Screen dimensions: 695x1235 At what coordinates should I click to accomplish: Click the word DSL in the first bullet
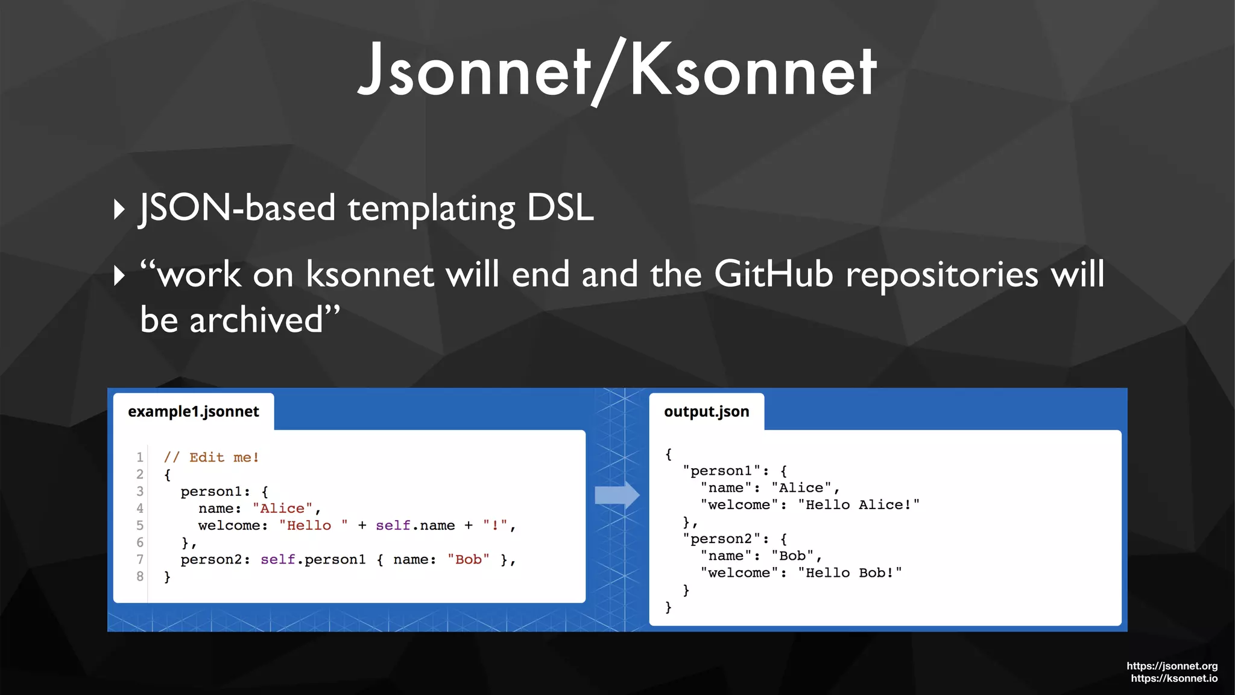click(x=560, y=208)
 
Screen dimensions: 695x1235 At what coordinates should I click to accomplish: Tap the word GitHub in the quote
click(x=774, y=275)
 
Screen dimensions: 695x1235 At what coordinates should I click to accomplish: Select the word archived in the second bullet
click(x=256, y=320)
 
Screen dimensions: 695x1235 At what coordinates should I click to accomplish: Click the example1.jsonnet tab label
click(x=193, y=411)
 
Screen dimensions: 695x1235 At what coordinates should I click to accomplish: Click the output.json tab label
click(x=706, y=411)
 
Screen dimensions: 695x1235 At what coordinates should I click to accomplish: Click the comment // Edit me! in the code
click(x=211, y=457)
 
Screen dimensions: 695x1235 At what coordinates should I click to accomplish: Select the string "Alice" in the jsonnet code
click(x=282, y=509)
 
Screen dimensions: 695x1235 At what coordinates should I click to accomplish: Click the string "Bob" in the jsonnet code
click(x=468, y=560)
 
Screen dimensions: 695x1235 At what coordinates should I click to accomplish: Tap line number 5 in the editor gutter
click(x=140, y=525)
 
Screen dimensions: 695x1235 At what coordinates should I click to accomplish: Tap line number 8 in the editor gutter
click(x=140, y=577)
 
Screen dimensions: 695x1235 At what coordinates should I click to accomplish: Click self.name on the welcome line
click(x=415, y=525)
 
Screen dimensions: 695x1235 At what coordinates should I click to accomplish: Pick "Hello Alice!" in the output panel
click(x=858, y=505)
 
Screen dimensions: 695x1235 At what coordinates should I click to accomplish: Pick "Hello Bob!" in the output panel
click(x=850, y=573)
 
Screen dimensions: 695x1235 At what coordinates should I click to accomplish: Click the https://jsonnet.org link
click(x=1172, y=666)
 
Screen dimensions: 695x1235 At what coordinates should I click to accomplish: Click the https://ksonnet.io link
click(x=1173, y=679)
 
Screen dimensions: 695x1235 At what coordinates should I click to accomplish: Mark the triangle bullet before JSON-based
click(x=119, y=210)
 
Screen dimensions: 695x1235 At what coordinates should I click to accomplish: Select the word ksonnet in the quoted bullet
click(x=369, y=275)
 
